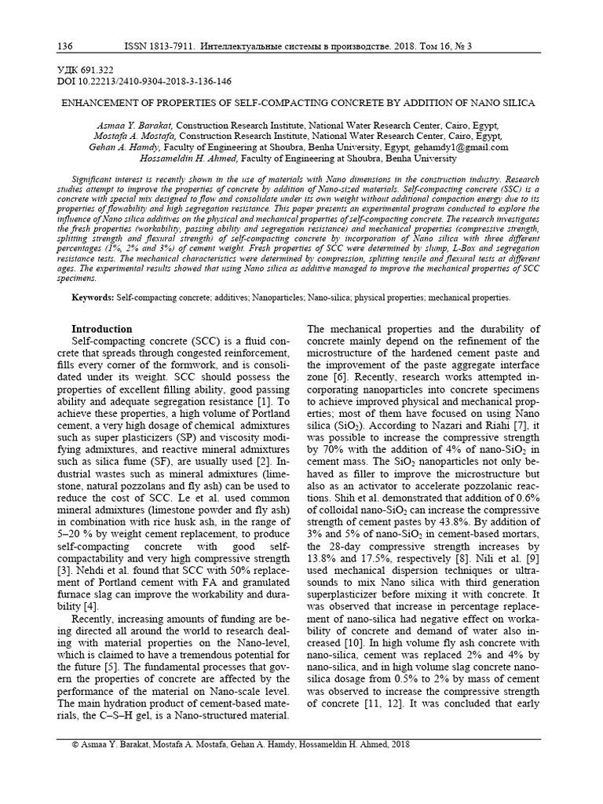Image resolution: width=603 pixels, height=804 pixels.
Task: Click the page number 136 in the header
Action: (x=66, y=46)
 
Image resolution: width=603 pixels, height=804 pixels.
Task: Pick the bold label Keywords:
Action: (x=93, y=298)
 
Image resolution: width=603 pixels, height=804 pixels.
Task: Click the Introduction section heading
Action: (x=102, y=329)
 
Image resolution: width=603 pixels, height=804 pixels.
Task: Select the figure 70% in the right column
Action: (x=331, y=450)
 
